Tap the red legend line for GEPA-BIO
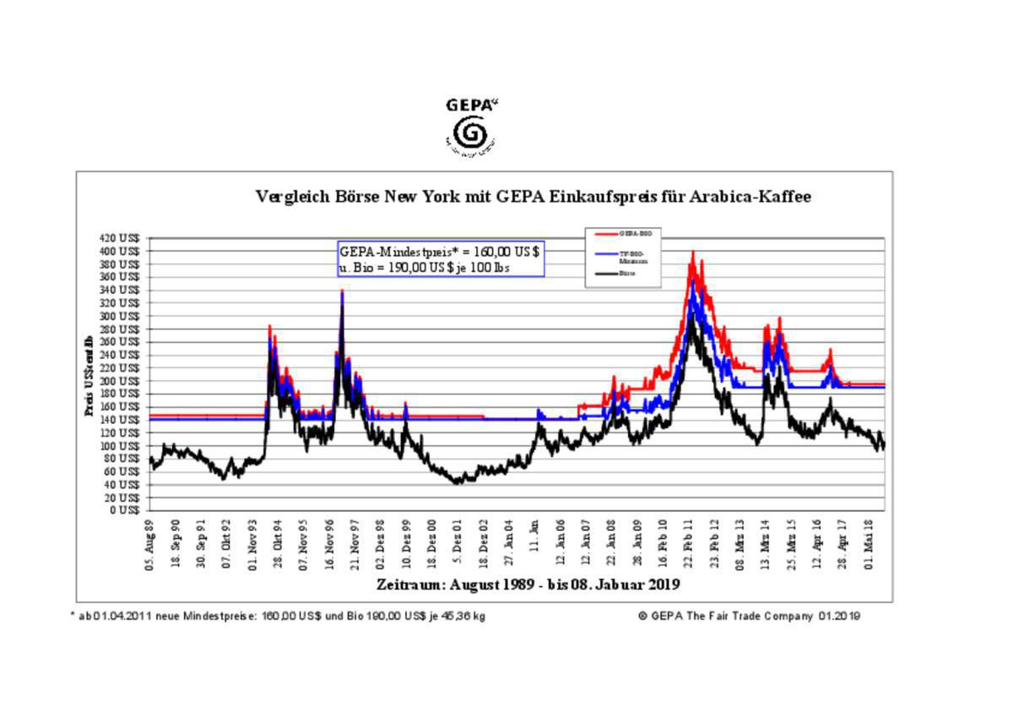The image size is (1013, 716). (x=606, y=232)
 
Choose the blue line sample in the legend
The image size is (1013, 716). (x=606, y=252)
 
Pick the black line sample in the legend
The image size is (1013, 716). (x=606, y=274)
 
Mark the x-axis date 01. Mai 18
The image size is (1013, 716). (x=869, y=545)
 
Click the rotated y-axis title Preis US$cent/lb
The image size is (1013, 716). (x=88, y=376)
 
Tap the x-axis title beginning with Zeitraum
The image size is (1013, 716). (x=528, y=584)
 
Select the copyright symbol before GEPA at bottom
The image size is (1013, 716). (x=643, y=616)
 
